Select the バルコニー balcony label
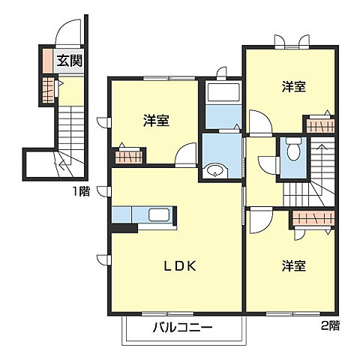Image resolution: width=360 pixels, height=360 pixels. (x=184, y=327)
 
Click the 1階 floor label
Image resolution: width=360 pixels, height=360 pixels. (x=81, y=191)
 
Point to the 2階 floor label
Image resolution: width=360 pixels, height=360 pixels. (x=331, y=325)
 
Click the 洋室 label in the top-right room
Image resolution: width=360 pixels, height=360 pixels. (x=294, y=87)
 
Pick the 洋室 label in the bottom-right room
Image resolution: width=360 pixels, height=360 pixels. (x=294, y=265)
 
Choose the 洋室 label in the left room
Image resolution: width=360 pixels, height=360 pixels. (x=156, y=120)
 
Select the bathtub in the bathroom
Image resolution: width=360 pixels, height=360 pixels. (x=220, y=94)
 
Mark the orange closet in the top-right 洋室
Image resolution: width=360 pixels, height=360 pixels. (x=319, y=126)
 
